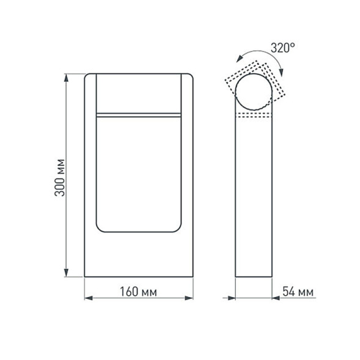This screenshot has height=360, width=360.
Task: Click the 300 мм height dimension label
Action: pyautogui.click(x=59, y=177)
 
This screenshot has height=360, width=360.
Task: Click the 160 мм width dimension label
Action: pyautogui.click(x=138, y=292)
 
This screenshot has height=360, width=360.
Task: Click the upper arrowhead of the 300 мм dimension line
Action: pyautogui.click(x=66, y=78)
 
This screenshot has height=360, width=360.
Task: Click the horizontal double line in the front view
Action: pyautogui.click(x=139, y=114)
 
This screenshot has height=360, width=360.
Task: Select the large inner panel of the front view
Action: pyautogui.click(x=139, y=174)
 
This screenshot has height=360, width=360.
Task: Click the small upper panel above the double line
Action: pyautogui.click(x=139, y=93)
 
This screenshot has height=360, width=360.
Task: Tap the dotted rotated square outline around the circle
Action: pyautogui.click(x=229, y=81)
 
